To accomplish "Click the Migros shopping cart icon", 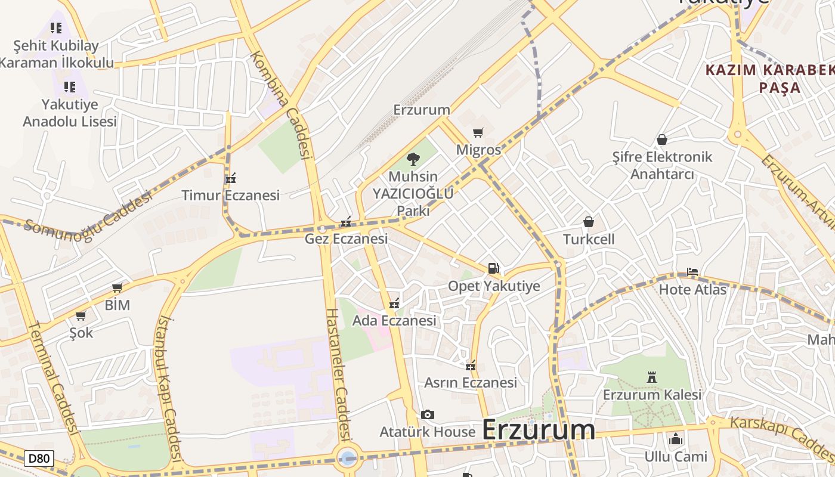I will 478,132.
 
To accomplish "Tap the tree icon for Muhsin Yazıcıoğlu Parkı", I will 413,159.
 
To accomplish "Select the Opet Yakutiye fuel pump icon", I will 493,268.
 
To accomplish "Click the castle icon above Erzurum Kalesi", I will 651,377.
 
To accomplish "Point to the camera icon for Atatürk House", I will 427,414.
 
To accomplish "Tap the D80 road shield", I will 39,459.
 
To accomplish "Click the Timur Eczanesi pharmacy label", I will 231,196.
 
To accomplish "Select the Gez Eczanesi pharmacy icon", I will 345,222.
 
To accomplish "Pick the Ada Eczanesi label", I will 394,321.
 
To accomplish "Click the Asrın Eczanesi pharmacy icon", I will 471,366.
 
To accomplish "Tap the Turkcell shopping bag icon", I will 589,222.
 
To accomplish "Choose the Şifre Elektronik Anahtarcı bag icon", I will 661,140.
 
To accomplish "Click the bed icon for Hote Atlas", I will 692,272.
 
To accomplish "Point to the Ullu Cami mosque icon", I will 676,439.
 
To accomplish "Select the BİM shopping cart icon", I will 117,288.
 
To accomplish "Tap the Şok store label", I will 81,333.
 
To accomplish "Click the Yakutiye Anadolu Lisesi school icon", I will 70,87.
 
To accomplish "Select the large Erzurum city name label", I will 538,430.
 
